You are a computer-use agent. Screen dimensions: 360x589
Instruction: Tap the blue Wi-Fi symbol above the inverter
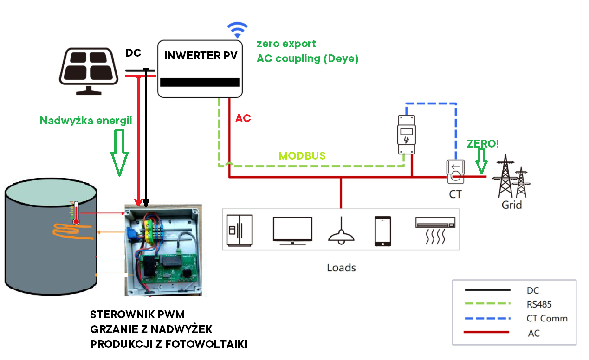point(237,30)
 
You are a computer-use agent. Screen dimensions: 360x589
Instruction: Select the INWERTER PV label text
point(201,56)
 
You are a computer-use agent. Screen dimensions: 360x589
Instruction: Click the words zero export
point(286,44)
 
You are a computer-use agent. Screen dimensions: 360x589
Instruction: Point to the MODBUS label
point(302,156)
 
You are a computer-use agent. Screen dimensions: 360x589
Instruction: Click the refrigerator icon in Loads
point(239,230)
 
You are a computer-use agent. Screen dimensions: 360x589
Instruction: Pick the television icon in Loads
point(292,230)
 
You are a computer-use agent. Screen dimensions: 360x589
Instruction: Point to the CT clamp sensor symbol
point(455,171)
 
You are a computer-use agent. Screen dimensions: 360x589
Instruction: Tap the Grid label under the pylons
point(511,205)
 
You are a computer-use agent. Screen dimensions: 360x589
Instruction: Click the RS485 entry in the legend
point(539,304)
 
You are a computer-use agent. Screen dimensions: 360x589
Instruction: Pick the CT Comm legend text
point(547,319)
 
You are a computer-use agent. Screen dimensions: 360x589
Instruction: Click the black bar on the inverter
point(200,83)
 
